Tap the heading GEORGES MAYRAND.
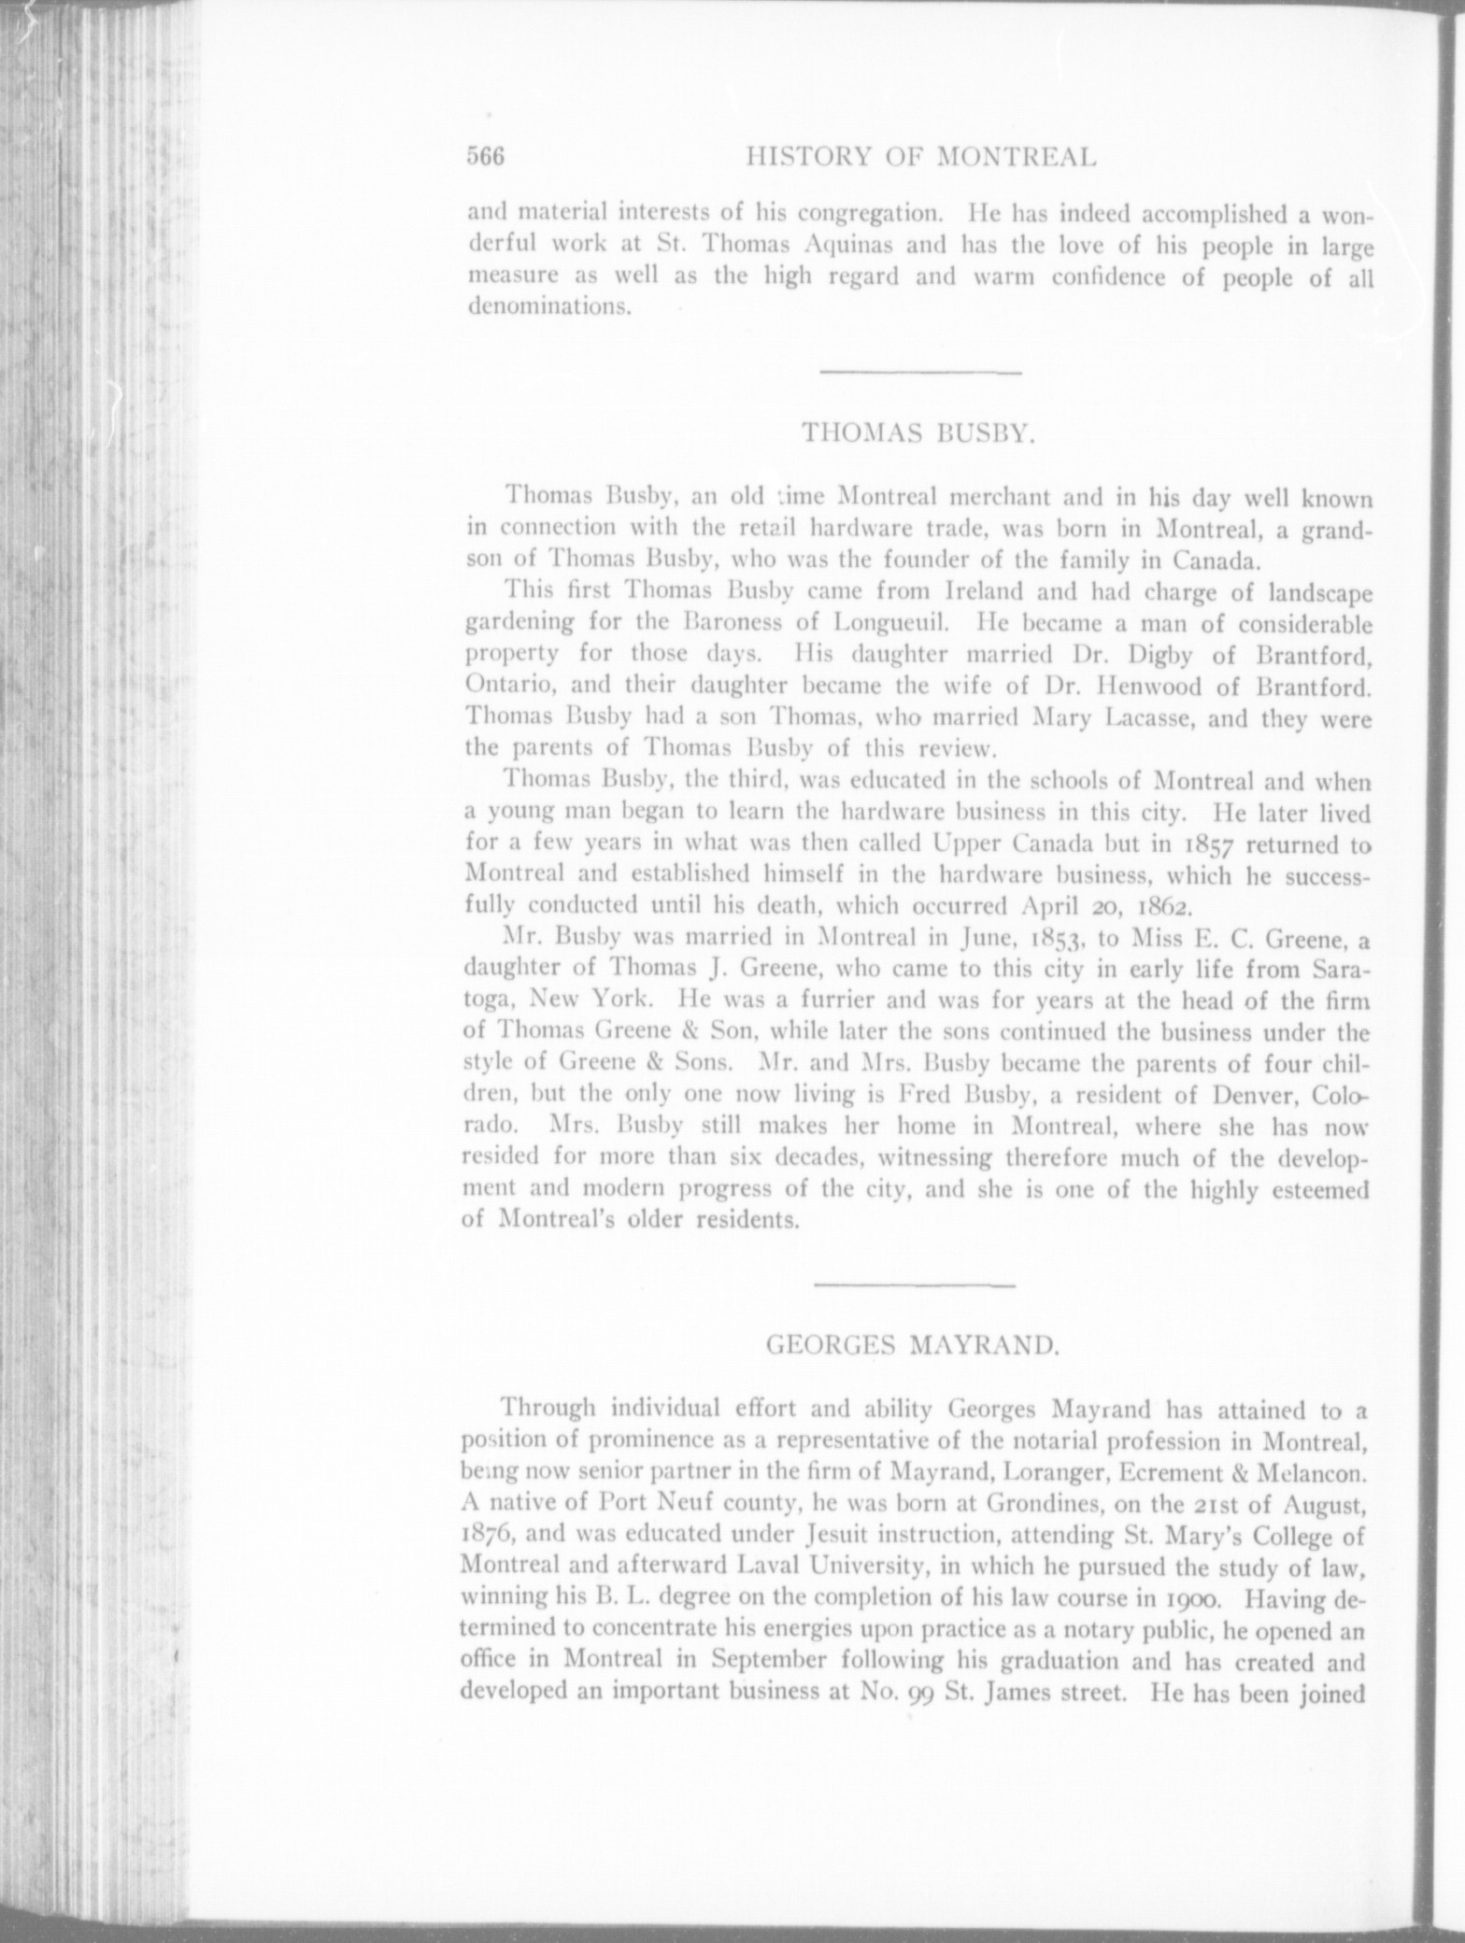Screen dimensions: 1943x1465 pos(912,1346)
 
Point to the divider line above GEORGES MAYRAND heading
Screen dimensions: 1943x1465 pos(915,1287)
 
